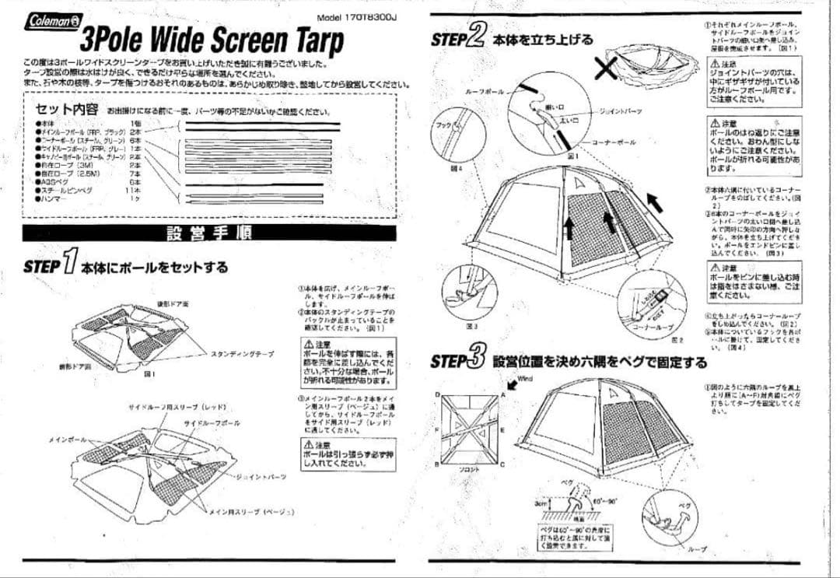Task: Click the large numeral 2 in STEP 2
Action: (477, 37)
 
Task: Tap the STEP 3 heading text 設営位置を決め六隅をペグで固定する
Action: (600, 363)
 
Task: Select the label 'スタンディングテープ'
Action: (242, 354)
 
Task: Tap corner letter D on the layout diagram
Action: (438, 394)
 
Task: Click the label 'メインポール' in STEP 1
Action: (68, 440)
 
